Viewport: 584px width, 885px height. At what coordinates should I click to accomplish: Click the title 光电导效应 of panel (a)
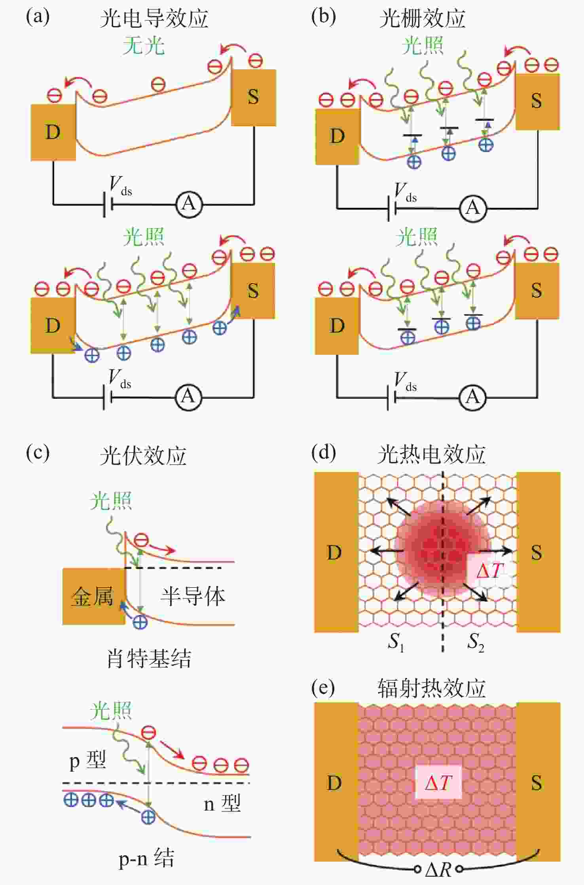[x=154, y=18]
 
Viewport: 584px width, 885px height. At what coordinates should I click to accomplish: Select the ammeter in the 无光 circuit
[x=189, y=204]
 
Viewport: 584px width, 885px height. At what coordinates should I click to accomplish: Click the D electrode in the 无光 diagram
[x=53, y=132]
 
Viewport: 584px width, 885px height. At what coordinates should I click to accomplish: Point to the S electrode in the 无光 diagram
[x=253, y=97]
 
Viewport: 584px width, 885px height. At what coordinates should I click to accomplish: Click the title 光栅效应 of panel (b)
[x=422, y=18]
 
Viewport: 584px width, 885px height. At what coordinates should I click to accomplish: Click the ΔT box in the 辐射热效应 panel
[x=438, y=782]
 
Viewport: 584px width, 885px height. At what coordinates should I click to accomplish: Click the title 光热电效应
[x=432, y=454]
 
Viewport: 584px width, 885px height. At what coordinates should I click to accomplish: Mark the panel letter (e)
[x=323, y=688]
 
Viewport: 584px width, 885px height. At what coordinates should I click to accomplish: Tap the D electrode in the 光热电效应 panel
[x=336, y=552]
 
